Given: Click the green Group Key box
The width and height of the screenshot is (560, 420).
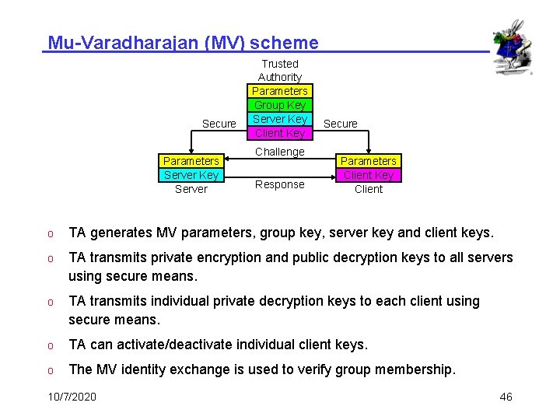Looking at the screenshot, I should click(x=280, y=105).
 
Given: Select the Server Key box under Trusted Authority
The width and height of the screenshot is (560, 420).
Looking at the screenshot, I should click(x=280, y=119).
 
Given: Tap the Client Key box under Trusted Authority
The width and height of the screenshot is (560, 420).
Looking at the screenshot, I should click(x=280, y=133).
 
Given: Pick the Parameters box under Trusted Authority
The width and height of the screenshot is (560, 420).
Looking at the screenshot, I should click(x=280, y=91).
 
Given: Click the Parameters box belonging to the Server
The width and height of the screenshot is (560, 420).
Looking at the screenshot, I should click(x=191, y=161).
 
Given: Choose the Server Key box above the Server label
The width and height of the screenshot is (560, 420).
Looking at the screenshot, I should click(x=191, y=175).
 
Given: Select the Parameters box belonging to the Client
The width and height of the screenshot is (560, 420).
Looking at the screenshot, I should click(x=369, y=161).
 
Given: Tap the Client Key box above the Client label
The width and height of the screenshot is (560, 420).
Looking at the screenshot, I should click(x=369, y=175).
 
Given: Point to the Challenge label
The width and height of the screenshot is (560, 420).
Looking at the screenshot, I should click(x=280, y=152).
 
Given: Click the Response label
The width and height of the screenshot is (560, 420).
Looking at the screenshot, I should click(x=280, y=184).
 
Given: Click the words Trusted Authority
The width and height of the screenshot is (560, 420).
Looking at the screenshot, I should click(x=280, y=70).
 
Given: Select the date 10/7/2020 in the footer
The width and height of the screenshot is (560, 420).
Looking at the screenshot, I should click(x=72, y=397).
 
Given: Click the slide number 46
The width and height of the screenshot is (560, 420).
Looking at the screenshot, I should click(x=506, y=397).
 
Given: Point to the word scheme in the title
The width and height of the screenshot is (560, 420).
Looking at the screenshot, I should click(x=289, y=43).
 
